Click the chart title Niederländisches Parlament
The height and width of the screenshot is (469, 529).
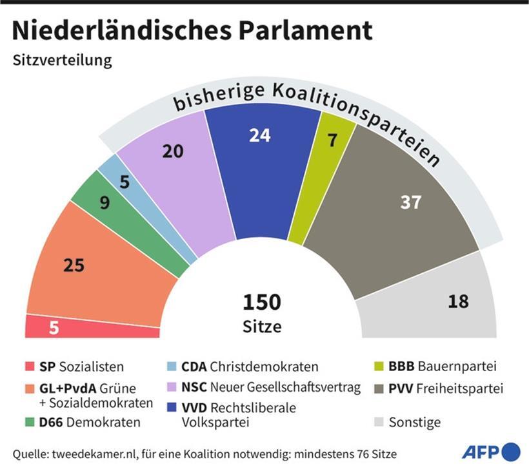click(192, 30)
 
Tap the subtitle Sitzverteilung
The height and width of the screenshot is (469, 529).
click(62, 61)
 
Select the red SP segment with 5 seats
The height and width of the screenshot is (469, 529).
click(90, 327)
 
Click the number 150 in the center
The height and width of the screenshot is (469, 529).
click(261, 302)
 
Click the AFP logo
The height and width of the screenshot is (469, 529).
click(490, 451)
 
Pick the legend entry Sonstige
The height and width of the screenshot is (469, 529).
click(416, 423)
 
